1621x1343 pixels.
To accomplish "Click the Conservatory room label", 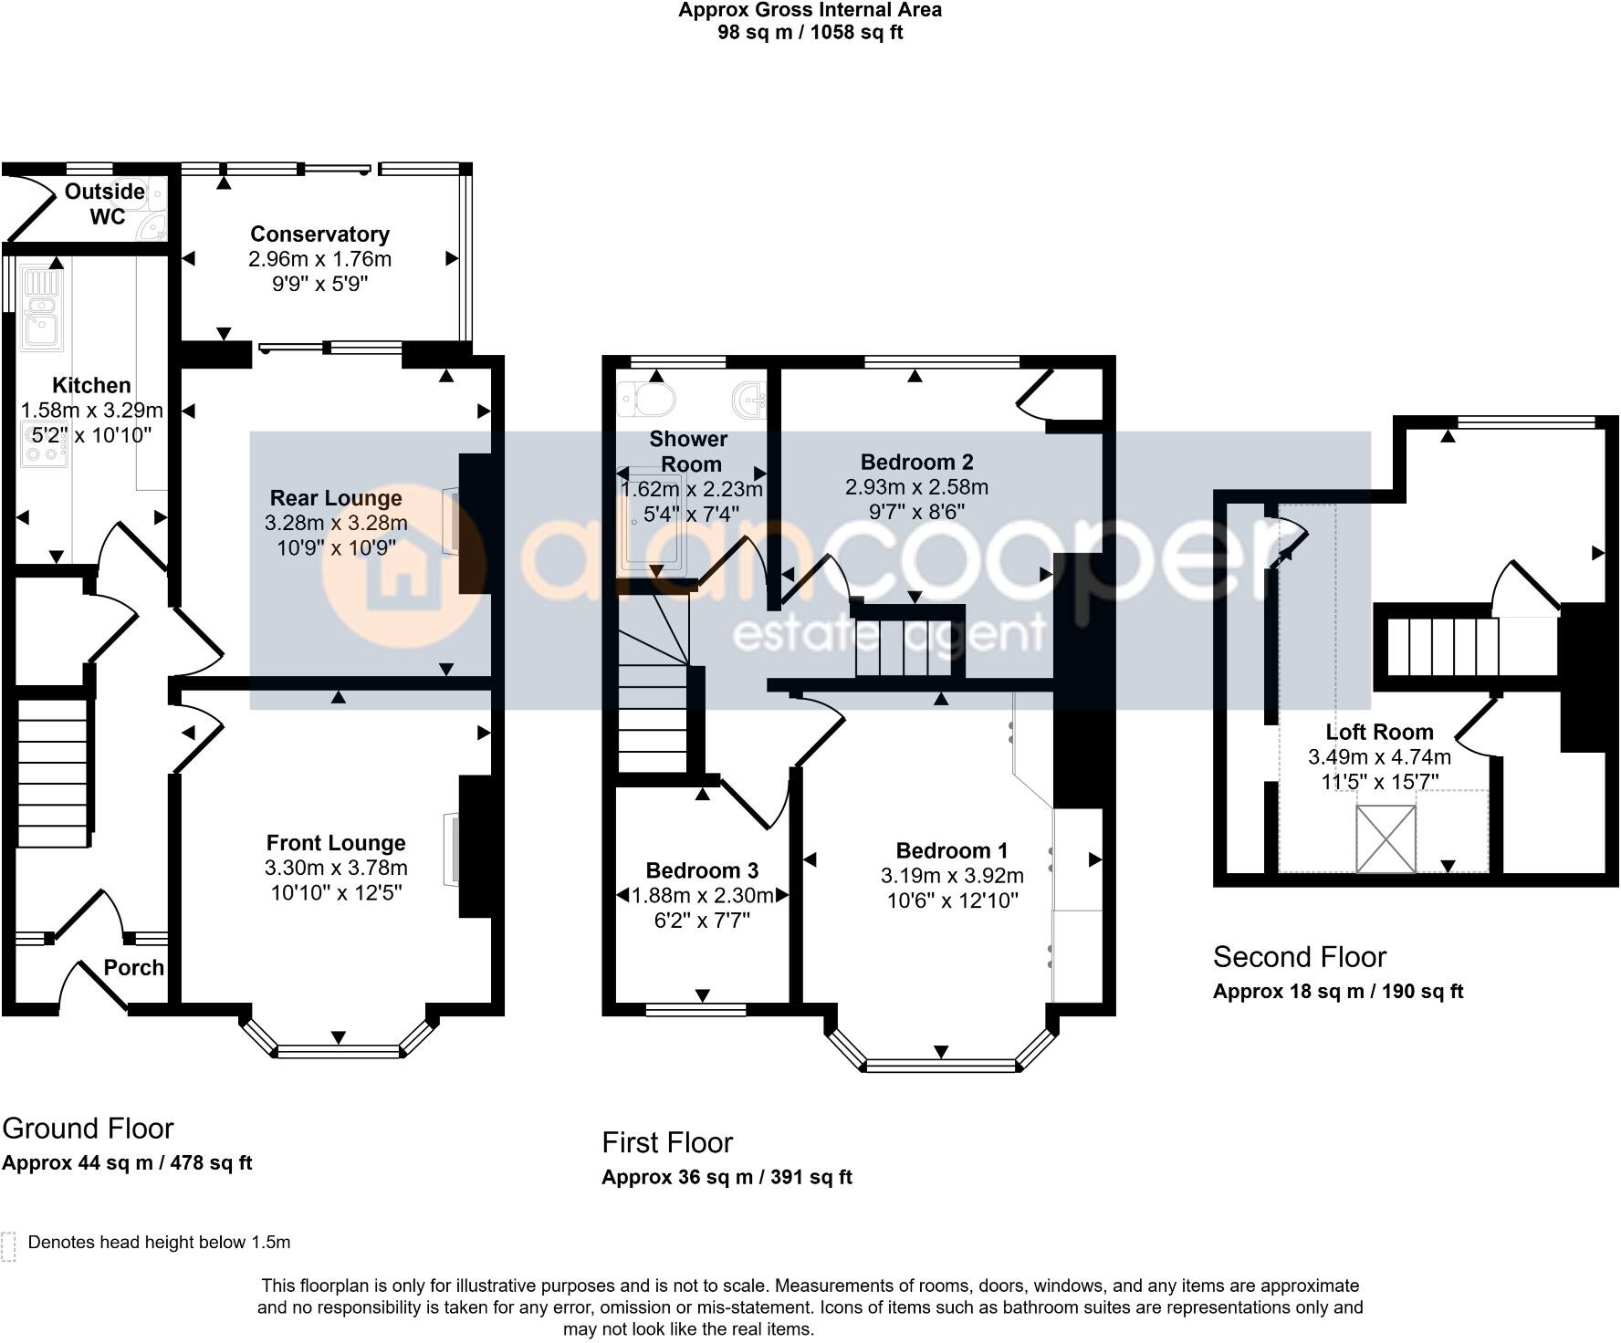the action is pyautogui.click(x=319, y=234).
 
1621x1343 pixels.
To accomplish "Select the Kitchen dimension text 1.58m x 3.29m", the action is pyautogui.click(x=92, y=411).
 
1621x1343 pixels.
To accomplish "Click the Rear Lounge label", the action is pyautogui.click(x=336, y=498).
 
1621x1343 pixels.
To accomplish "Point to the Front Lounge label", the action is pyautogui.click(x=336, y=843).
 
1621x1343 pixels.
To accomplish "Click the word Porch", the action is pyautogui.click(x=133, y=968).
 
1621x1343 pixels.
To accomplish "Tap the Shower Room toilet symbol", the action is pyautogui.click(x=646, y=399).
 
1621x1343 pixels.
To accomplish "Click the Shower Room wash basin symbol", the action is pyautogui.click(x=750, y=399).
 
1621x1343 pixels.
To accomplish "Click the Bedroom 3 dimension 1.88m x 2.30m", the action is pyautogui.click(x=703, y=896).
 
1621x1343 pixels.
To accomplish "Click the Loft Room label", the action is pyautogui.click(x=1379, y=732).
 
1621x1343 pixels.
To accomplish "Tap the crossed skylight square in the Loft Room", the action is pyautogui.click(x=1386, y=838).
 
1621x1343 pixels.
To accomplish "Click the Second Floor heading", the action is pyautogui.click(x=1299, y=957).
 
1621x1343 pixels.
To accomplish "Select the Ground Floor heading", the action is pyautogui.click(x=88, y=1129).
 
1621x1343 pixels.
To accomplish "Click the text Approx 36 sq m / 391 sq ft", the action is pyautogui.click(x=727, y=1177).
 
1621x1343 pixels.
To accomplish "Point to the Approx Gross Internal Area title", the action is pyautogui.click(x=810, y=10).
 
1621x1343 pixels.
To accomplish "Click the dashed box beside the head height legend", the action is pyautogui.click(x=9, y=1246).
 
